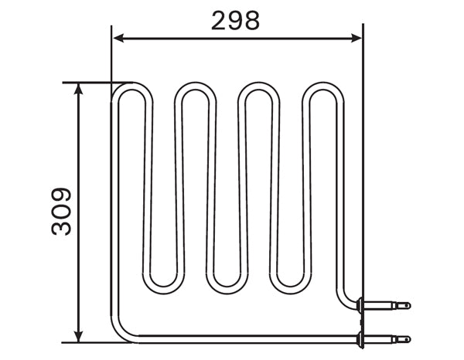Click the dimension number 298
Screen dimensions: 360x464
click(x=236, y=21)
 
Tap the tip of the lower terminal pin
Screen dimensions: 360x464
click(x=408, y=338)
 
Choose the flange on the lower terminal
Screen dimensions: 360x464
click(x=360, y=338)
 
